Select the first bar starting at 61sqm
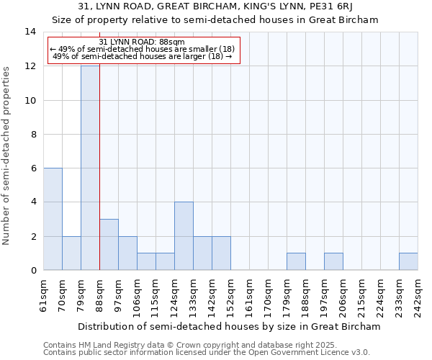click(53, 219)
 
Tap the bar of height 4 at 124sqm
click(184, 236)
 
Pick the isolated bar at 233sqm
click(408, 262)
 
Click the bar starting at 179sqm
click(296, 262)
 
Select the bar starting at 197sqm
click(333, 262)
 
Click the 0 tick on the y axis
click(33, 271)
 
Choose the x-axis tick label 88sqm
click(99, 295)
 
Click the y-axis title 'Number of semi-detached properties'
click(7, 156)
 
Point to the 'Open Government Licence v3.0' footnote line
click(207, 353)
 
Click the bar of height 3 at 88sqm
click(109, 245)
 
